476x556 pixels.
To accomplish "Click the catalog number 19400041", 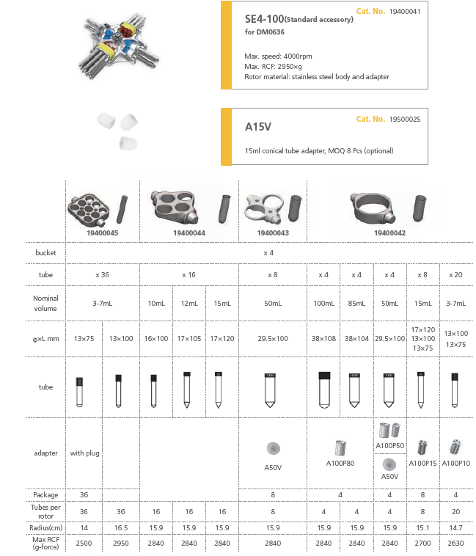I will pyautogui.click(x=406, y=12).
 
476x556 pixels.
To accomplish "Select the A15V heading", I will pyautogui.click(x=258, y=127).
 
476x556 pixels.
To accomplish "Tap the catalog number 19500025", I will pyautogui.click(x=406, y=119).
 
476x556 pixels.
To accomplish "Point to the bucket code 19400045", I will pyautogui.click(x=102, y=233).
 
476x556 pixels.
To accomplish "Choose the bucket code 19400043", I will pyautogui.click(x=272, y=233).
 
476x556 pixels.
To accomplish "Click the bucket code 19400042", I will pyautogui.click(x=389, y=233).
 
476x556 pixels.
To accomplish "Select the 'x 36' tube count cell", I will pyautogui.click(x=102, y=274).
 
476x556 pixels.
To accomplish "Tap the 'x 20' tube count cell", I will pyautogui.click(x=455, y=274).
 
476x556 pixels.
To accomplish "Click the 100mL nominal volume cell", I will pyautogui.click(x=323, y=303).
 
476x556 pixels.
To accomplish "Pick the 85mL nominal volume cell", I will pyautogui.click(x=356, y=303).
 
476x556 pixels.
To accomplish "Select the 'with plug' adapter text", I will pyautogui.click(x=84, y=453).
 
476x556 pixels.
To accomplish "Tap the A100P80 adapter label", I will pyautogui.click(x=340, y=464).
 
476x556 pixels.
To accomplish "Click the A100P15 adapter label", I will pyautogui.click(x=422, y=464).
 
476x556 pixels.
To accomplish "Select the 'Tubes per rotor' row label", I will pyautogui.click(x=45, y=511).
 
